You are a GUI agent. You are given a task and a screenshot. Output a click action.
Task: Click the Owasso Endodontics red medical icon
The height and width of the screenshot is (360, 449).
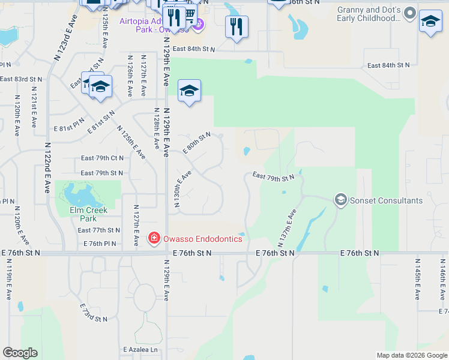(x=154, y=239)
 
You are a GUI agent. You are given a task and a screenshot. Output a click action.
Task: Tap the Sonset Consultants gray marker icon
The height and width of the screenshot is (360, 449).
(x=341, y=200)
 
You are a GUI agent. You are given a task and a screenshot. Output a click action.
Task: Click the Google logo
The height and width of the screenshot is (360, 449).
(x=20, y=353)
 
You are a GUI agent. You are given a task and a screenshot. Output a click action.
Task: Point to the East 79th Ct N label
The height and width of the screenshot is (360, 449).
(x=102, y=158)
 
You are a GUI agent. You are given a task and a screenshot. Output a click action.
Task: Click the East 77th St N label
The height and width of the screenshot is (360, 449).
(x=100, y=230)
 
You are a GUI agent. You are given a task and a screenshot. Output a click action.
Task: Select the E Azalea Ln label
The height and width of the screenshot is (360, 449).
(x=140, y=350)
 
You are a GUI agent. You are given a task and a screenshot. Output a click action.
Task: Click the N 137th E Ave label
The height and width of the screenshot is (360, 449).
(x=288, y=228)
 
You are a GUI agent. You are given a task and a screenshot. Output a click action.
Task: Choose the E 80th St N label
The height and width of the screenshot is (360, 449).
(x=197, y=143)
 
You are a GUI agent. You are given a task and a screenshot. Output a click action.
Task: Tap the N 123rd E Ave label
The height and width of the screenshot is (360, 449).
(x=65, y=38)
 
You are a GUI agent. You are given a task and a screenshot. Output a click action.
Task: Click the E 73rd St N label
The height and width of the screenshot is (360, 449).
(x=92, y=312)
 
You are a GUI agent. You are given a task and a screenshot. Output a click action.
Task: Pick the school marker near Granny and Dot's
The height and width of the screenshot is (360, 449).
(x=430, y=22)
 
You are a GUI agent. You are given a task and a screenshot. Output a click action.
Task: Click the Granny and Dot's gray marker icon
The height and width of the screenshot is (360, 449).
(x=411, y=13)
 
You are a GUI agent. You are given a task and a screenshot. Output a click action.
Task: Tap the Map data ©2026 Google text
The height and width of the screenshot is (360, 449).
(x=411, y=355)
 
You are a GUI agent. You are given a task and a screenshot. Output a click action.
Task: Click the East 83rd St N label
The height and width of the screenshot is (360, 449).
(x=21, y=79)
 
